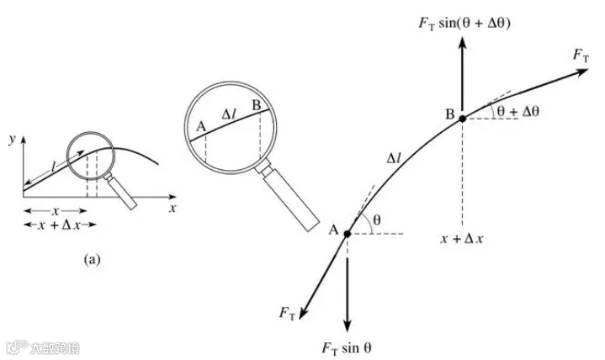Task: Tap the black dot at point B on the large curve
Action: click(x=461, y=119)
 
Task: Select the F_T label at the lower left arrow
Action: click(x=287, y=312)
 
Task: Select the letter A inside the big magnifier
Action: click(x=199, y=127)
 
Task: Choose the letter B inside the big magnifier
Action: click(x=257, y=105)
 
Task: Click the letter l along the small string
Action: click(x=54, y=168)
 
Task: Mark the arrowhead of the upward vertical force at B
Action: click(x=461, y=42)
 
